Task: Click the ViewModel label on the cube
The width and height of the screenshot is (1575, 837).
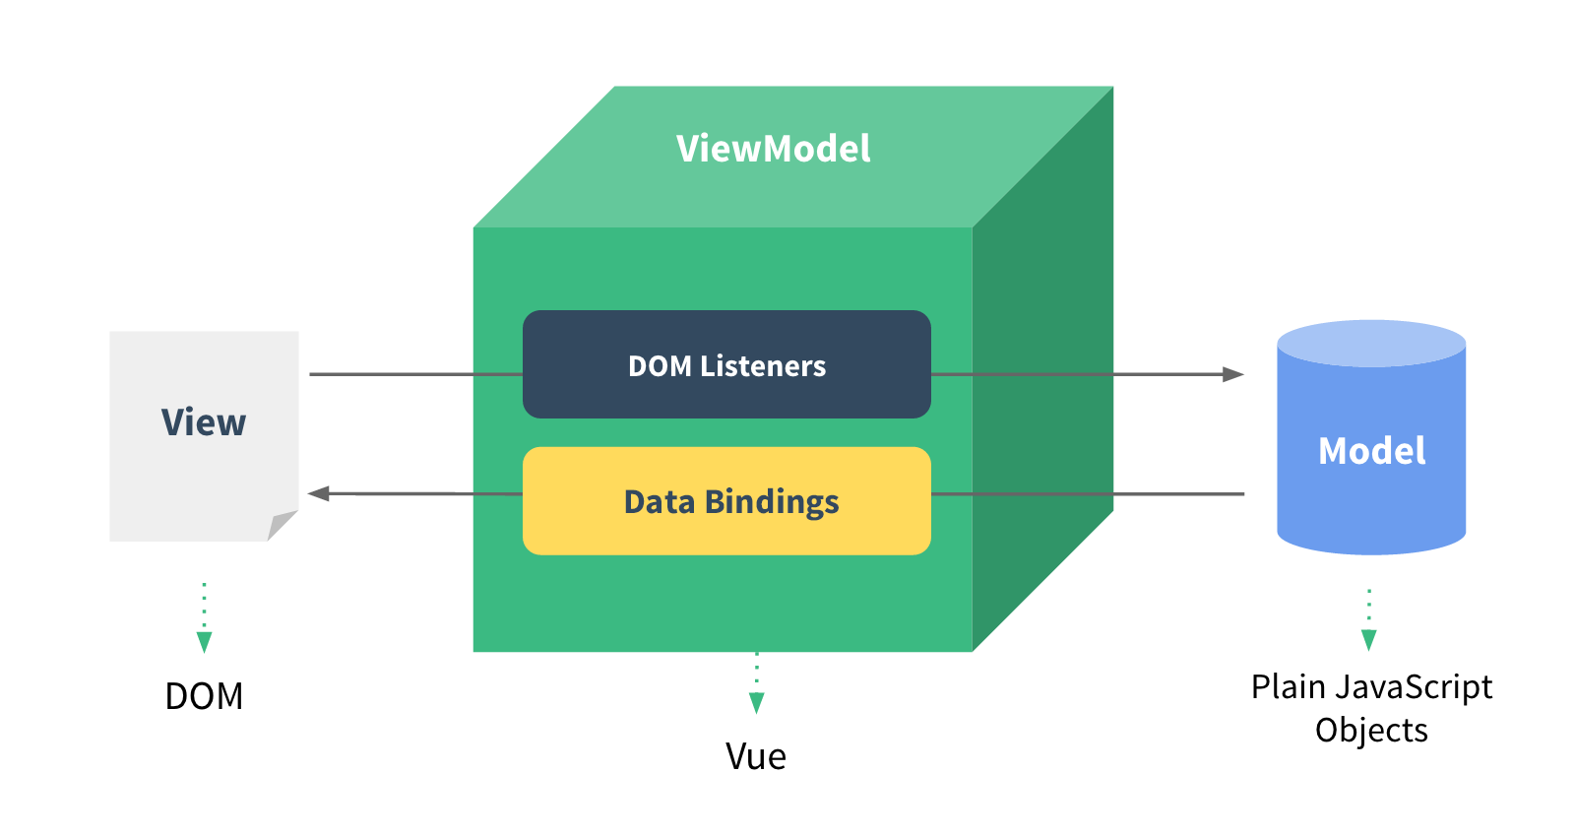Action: [x=773, y=149]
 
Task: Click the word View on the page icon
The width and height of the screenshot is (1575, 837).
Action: [x=204, y=422]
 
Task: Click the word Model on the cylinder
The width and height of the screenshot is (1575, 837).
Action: [x=1371, y=451]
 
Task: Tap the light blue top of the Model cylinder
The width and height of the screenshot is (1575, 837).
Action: [x=1371, y=343]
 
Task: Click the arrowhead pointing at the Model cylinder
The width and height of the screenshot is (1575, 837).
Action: [x=1232, y=374]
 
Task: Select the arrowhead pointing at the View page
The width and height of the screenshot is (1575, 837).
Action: [x=319, y=493]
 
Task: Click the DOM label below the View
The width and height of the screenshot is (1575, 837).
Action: [x=204, y=696]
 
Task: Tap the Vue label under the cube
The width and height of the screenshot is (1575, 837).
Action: [x=756, y=756]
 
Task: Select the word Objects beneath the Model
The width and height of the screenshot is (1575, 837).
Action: [x=1371, y=731]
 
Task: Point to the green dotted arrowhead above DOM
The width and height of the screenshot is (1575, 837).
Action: [x=204, y=642]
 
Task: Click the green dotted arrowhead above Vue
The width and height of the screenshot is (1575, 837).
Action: [x=756, y=702]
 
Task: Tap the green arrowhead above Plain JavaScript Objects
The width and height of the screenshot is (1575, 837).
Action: [x=1368, y=640]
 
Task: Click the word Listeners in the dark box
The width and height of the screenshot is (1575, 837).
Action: [x=763, y=366]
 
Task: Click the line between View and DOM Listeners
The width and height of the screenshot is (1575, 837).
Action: [x=413, y=374]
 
